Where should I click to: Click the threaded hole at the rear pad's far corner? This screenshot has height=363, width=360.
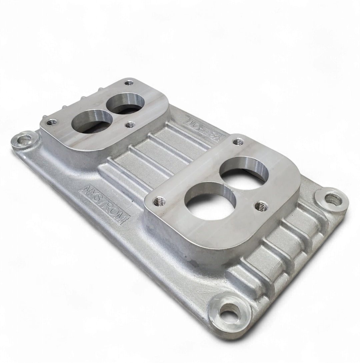(129, 82)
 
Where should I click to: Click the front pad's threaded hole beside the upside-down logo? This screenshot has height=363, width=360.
(237, 142)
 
